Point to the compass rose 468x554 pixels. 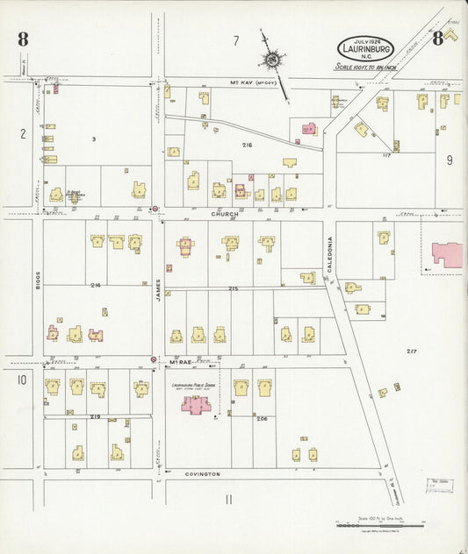pyautogui.click(x=272, y=60)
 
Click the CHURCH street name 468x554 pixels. pyautogui.click(x=224, y=213)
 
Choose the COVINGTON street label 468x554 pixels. pyautogui.click(x=203, y=474)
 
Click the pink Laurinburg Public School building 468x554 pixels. pyautogui.click(x=195, y=404)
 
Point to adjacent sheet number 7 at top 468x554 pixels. pyautogui.click(x=235, y=40)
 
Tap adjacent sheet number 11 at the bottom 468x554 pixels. pyautogui.click(x=229, y=500)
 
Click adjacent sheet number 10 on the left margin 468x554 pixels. pyautogui.click(x=21, y=380)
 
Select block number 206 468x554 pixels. pyautogui.click(x=262, y=419)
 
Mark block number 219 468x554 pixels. pyautogui.click(x=94, y=415)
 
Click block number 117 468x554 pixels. pyautogui.click(x=385, y=155)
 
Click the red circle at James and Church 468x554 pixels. pyautogui.click(x=155, y=209)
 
